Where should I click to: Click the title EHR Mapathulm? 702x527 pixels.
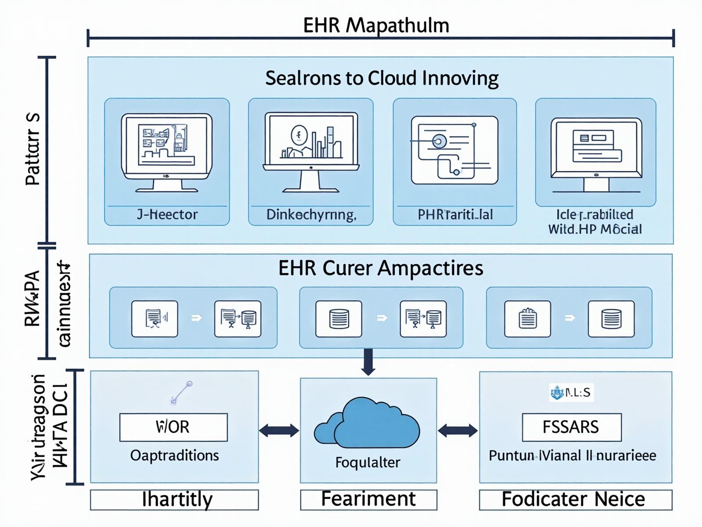pos(376,25)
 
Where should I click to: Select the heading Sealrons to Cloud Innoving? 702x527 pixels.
pos(382,78)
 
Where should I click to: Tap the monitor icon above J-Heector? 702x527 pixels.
pos(166,152)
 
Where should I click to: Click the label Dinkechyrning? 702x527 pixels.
pos(311,214)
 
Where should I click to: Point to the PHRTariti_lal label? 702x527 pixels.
pos(455,214)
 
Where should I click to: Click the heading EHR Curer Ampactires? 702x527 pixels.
pos(380,268)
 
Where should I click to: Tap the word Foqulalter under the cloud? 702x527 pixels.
pos(368,462)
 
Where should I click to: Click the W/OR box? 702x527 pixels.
pos(173,427)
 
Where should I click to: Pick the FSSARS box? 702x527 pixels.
pos(571,427)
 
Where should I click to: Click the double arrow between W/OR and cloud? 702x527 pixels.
pos(279,430)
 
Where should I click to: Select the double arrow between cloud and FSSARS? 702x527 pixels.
pos(458,430)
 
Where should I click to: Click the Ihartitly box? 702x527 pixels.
pos(174,500)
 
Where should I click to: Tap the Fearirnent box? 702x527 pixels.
pos(368,499)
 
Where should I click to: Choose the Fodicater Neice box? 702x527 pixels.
pos(575,499)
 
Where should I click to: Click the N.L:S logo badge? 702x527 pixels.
pos(571,392)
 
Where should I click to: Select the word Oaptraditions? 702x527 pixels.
pos(174,455)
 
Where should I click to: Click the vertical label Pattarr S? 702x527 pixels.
pos(33,149)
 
